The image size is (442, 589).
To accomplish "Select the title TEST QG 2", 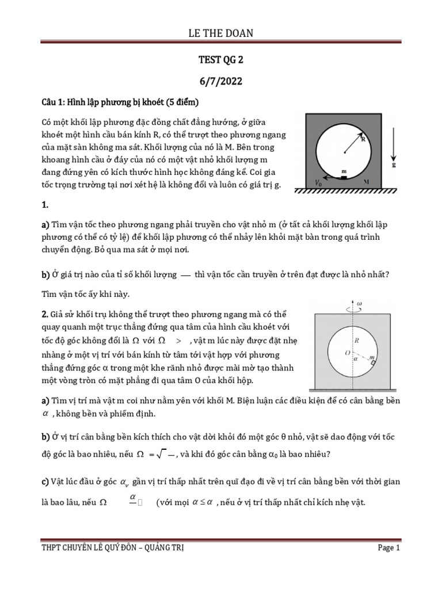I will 221,59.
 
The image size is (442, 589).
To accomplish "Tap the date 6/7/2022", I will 221,81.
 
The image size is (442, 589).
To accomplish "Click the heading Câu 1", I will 53,103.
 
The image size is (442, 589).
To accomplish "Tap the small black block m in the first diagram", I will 344,178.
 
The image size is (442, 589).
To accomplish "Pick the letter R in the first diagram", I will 363,138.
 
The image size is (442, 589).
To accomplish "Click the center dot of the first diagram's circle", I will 344,152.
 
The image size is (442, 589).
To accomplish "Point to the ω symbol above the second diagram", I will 375,303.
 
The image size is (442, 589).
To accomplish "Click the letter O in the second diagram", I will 346,351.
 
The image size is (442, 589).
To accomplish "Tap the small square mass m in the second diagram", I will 374,362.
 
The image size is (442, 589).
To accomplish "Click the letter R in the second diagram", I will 357,341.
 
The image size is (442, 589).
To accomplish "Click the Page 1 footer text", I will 388,548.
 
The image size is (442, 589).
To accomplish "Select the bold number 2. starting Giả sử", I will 45,314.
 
